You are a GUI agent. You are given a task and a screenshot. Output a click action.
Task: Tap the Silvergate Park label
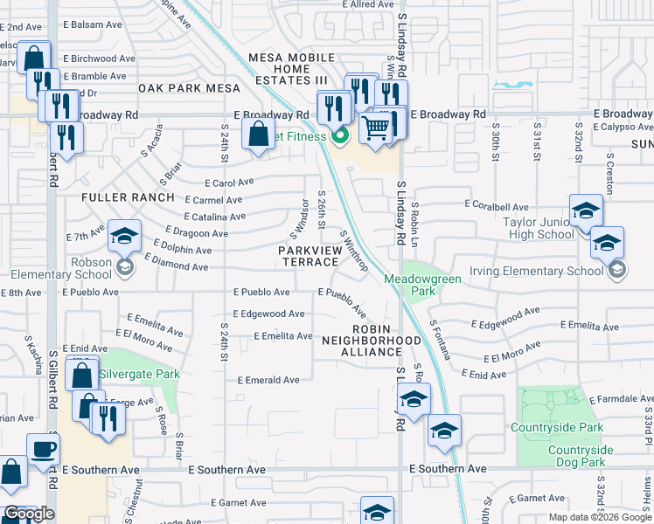click(139, 374)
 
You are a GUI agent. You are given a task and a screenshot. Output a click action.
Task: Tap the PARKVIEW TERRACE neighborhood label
click(308, 256)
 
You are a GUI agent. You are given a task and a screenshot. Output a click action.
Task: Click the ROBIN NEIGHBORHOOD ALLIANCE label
click(371, 345)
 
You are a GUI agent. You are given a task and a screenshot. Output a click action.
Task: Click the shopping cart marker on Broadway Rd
click(375, 127)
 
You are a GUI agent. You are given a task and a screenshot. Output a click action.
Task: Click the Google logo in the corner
click(28, 514)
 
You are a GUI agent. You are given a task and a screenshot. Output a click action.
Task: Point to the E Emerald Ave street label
click(268, 380)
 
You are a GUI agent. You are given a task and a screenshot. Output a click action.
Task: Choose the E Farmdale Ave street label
click(619, 399)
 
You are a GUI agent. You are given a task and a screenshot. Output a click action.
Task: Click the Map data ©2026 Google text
click(601, 517)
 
